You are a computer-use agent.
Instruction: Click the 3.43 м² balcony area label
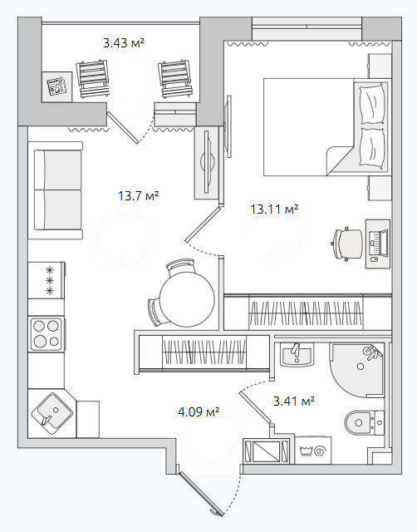coord(124,43)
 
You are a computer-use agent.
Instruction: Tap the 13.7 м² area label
coord(139,196)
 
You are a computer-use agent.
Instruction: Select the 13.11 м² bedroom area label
coord(274,209)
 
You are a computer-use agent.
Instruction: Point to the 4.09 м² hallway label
coord(199,412)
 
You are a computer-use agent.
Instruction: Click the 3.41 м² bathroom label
coord(294,401)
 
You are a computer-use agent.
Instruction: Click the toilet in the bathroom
coord(365,422)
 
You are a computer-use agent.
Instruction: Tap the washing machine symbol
coord(313,451)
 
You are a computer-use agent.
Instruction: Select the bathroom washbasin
coord(297,355)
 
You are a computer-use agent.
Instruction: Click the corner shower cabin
coord(357,370)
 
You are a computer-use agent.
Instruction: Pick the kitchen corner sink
coord(52,414)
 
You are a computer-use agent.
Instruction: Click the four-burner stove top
coord(47,334)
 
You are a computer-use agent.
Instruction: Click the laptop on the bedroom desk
coord(379,244)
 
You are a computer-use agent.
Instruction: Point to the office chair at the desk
coord(346,244)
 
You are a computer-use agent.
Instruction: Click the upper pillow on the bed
coord(373,104)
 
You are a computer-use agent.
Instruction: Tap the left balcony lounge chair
coord(93,79)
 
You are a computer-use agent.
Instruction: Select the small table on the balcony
coord(57,86)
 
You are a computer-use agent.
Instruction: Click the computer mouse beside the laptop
coord(375,260)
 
